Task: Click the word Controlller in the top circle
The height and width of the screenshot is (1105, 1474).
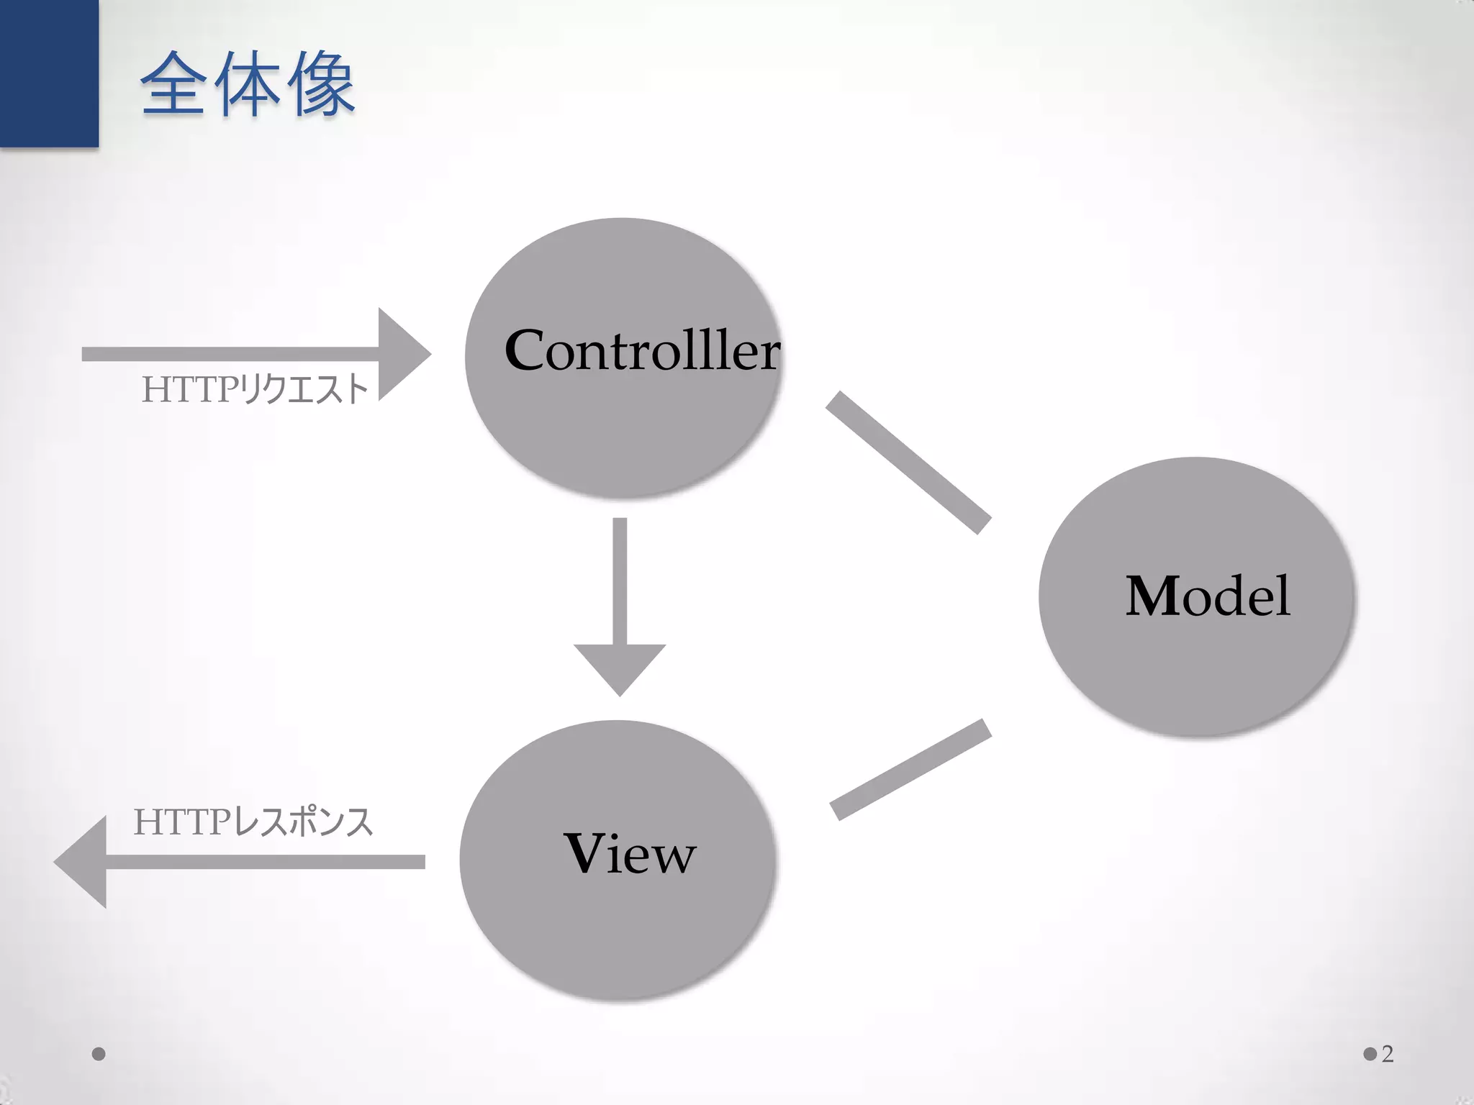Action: [642, 350]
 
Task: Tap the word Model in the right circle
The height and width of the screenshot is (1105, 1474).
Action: [1208, 596]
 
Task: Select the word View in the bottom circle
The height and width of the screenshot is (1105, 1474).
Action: [630, 854]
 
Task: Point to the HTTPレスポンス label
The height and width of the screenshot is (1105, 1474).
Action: [253, 822]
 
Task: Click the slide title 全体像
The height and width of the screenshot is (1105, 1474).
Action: [248, 84]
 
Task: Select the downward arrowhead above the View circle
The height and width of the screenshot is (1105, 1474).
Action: [620, 667]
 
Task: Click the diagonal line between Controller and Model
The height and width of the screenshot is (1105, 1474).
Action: [908, 463]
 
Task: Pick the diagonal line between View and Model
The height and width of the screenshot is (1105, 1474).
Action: [910, 769]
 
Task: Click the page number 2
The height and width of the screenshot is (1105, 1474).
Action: [1388, 1055]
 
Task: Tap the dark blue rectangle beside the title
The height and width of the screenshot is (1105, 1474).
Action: [49, 73]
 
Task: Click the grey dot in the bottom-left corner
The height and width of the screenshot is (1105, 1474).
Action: [99, 1055]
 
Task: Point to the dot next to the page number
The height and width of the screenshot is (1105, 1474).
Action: [1370, 1055]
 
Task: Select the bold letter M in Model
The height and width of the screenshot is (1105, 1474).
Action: [1153, 596]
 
